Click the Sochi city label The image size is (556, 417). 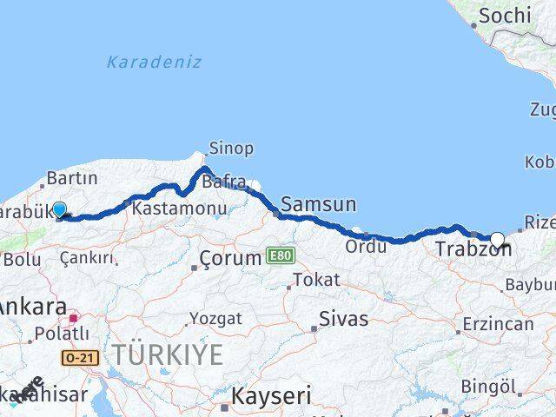[x=504, y=15]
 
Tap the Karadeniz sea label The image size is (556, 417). [x=154, y=62]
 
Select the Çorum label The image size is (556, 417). [x=230, y=258]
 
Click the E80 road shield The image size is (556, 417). [x=278, y=255]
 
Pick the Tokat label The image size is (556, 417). [x=315, y=280]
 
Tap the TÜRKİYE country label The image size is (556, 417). [x=167, y=354]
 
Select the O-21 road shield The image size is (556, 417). [x=76, y=356]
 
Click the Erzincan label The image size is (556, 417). [x=499, y=324]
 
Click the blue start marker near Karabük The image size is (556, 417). [x=59, y=209]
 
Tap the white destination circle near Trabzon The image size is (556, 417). [x=498, y=241]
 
